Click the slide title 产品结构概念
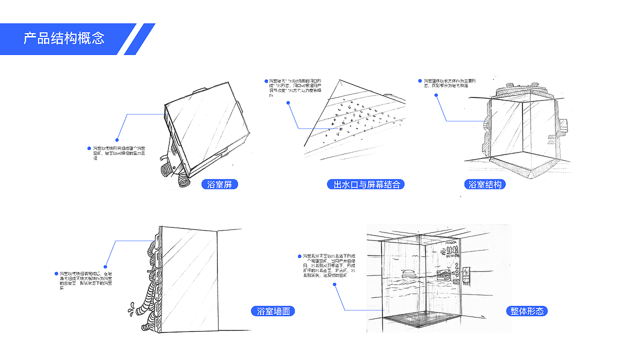pyautogui.click(x=64, y=38)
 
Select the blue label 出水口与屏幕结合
pyautogui.click(x=367, y=184)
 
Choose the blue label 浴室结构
pyautogui.click(x=484, y=184)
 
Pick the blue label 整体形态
pyautogui.click(x=526, y=311)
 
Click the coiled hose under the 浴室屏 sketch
pyautogui.click(x=184, y=179)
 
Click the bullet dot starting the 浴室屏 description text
pyautogui.click(x=90, y=148)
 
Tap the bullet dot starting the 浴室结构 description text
pyautogui.click(x=420, y=80)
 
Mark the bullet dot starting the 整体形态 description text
pyautogui.click(x=299, y=256)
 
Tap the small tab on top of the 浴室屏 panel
pyautogui.click(x=200, y=90)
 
